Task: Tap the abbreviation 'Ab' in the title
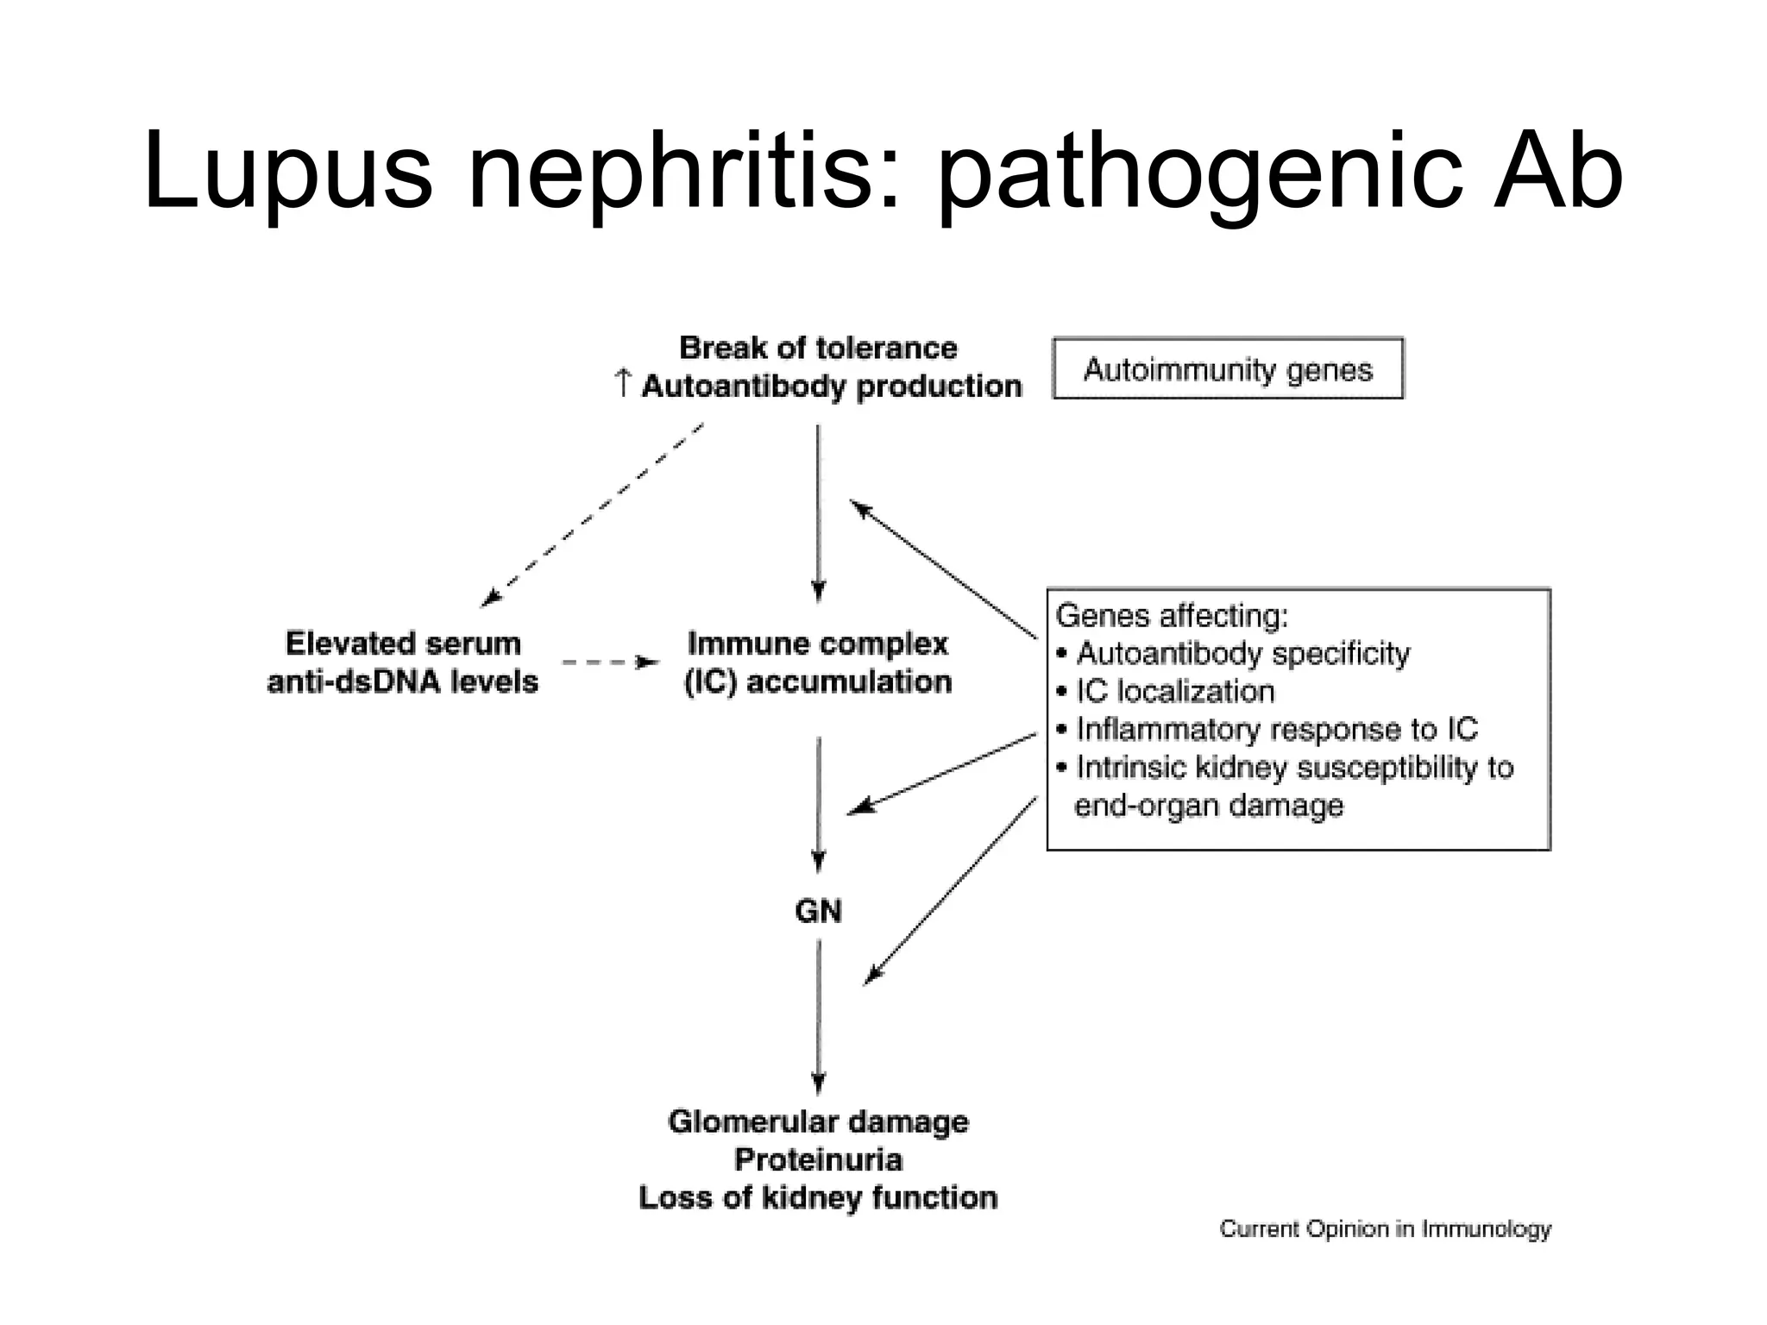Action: pos(1558,173)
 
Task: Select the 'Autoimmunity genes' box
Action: pos(1228,369)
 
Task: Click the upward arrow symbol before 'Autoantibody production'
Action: pos(623,384)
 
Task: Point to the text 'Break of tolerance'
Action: pos(818,348)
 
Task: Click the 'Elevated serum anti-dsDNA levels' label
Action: pos(403,662)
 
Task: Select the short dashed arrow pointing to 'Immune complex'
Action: pos(609,662)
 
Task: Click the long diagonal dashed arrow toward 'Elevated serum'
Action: pos(594,514)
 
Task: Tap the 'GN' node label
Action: pos(818,911)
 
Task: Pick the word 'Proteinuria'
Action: pos(818,1160)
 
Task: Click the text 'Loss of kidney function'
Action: pos(818,1198)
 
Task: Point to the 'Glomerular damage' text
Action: pos(818,1121)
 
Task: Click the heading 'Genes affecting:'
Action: pos(1172,616)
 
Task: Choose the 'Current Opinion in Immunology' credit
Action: pos(1385,1229)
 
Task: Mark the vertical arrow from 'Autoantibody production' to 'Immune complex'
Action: pos(819,513)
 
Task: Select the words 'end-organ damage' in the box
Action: pos(1208,806)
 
